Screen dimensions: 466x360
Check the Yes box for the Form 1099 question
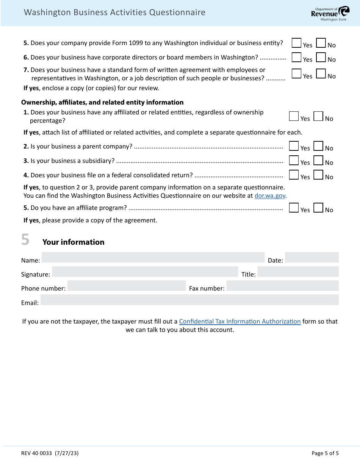click(296, 43)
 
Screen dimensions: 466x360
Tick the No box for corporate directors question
click(321, 58)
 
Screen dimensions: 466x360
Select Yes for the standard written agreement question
click(296, 73)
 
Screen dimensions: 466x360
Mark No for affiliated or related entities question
click(318, 116)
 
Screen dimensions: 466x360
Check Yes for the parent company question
click(294, 146)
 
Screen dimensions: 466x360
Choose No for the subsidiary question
click(318, 161)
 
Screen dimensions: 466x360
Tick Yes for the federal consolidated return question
click(294, 175)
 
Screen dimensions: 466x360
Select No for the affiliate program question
click(318, 208)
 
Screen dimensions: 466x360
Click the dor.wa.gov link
click(270, 196)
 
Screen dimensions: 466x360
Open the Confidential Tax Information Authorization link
click(239, 321)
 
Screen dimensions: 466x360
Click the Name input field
click(153, 258)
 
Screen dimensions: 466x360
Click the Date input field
click(311, 258)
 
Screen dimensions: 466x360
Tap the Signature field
click(145, 272)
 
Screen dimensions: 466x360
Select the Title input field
click(298, 272)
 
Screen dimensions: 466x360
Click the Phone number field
click(127, 286)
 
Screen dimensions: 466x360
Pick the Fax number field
click(282, 286)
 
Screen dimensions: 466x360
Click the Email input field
click(189, 300)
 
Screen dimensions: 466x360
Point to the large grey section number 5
click(25, 240)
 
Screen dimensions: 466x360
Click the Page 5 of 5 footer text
click(325, 453)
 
